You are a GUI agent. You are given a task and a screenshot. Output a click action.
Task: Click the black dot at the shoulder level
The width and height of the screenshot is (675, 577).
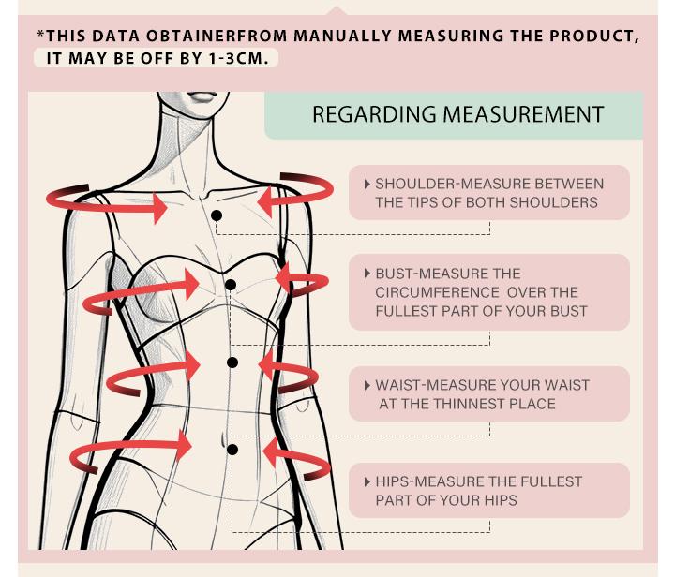tap(217, 215)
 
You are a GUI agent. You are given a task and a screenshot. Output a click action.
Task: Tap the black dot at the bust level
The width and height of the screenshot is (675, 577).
tap(231, 285)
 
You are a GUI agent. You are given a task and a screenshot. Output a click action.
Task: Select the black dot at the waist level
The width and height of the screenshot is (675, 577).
tap(232, 362)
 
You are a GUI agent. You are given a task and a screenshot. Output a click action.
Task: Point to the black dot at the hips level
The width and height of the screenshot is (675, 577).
tap(232, 450)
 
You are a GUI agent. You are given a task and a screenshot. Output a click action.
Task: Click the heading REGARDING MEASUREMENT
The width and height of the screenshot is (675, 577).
tap(458, 114)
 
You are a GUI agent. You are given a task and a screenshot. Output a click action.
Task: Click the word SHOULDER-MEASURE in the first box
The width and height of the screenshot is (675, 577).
tap(453, 184)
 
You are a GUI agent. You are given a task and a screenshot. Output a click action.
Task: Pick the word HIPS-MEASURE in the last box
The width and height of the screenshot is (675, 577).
tap(433, 481)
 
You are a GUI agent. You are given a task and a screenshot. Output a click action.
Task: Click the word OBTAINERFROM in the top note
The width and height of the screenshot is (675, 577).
tap(217, 37)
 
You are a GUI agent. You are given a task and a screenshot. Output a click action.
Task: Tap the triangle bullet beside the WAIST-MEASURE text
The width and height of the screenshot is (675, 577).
tap(367, 385)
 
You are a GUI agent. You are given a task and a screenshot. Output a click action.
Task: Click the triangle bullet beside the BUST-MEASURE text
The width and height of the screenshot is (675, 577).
tap(367, 274)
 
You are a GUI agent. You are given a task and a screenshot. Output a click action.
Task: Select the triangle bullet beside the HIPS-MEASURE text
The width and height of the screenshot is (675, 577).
tap(367, 482)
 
